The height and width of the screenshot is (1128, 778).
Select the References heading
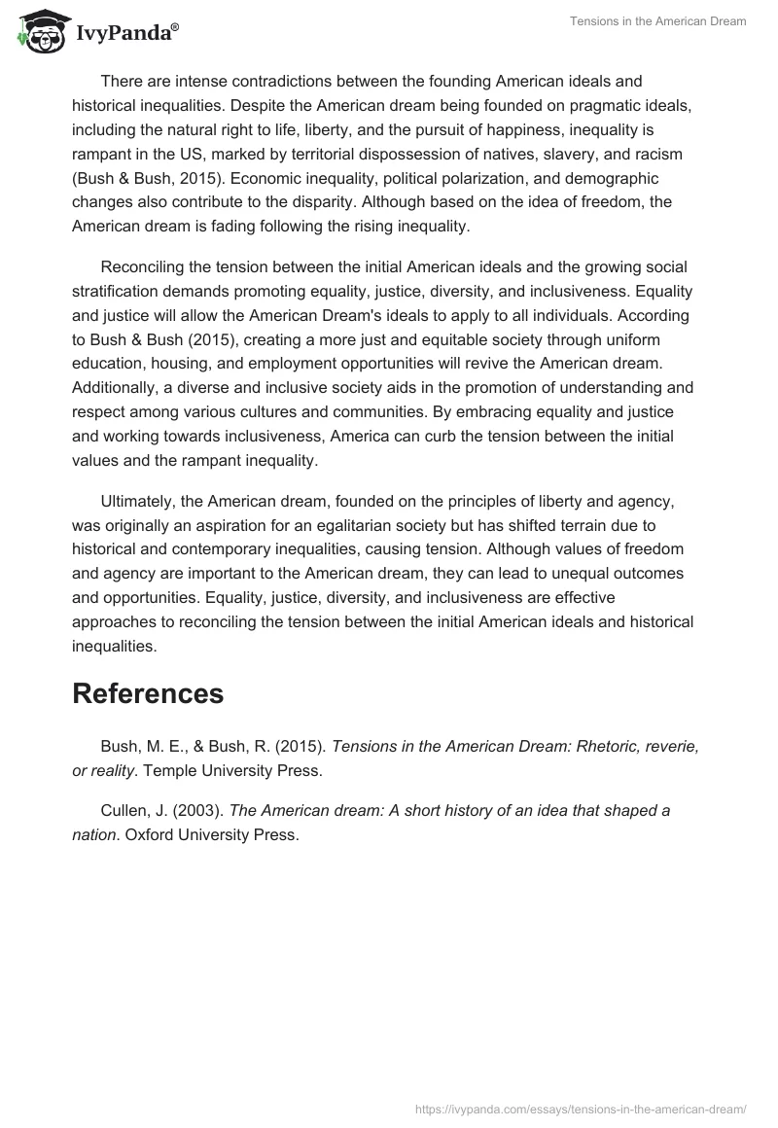pos(148,693)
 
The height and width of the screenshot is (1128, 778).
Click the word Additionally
pos(116,387)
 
